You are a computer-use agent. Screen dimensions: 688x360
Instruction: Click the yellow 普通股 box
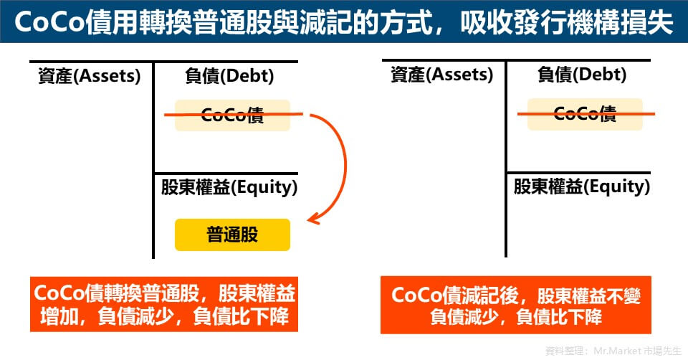coord(232,235)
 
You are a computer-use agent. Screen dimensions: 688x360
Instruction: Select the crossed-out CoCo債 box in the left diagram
coord(232,115)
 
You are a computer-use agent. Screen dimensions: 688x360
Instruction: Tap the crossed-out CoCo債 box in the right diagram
coord(585,114)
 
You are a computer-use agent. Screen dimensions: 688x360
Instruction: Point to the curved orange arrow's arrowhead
coord(313,219)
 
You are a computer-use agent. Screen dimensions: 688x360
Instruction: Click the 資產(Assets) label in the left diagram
coord(89,76)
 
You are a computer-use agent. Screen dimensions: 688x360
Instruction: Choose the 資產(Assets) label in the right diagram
coord(442,75)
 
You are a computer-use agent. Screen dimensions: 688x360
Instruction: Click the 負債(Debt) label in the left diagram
coord(229,76)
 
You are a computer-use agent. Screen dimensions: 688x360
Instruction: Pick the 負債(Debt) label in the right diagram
coord(582,75)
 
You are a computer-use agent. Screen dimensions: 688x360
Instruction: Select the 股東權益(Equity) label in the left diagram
coord(229,187)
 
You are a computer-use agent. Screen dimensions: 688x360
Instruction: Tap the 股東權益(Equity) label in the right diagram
coord(582,186)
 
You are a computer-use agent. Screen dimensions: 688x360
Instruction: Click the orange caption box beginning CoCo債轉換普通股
coord(164,304)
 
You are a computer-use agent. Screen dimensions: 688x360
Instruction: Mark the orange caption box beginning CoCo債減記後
coord(516,305)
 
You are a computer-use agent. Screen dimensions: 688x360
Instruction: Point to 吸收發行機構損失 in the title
coord(566,22)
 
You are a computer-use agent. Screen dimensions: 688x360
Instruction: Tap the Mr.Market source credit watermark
coord(613,351)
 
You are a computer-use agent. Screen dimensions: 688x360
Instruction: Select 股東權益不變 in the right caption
coord(589,296)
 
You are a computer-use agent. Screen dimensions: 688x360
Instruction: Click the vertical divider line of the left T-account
coord(153,160)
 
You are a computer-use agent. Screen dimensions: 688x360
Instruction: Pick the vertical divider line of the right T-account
coord(506,158)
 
